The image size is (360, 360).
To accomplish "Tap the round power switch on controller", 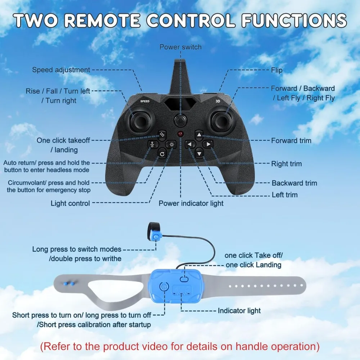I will coord(180,120).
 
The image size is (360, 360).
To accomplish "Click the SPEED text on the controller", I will coord(145,102).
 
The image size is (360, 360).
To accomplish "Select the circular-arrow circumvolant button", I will coord(162,154).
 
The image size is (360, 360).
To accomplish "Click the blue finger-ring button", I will coord(156,237).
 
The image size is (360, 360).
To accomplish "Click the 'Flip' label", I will coord(277,70).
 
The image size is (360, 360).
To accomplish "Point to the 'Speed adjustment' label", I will coord(61,70).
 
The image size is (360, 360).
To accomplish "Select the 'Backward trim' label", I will coord(294,183).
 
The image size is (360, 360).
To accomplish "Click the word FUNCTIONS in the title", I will coord(294,21).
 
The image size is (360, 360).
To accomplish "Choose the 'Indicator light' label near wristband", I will coord(239,310).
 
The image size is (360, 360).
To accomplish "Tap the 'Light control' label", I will coord(70,203).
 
